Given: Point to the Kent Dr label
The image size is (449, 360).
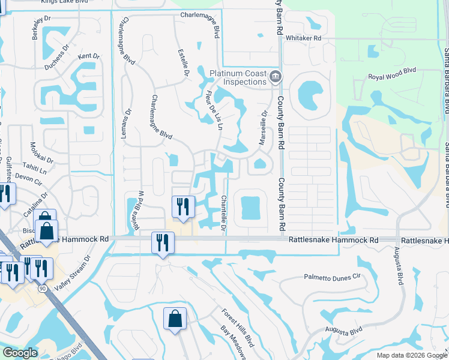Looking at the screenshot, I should coord(89,56).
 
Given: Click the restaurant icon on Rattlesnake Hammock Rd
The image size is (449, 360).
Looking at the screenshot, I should coord(162,243).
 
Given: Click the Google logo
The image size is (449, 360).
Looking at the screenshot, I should coord(20,353).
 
